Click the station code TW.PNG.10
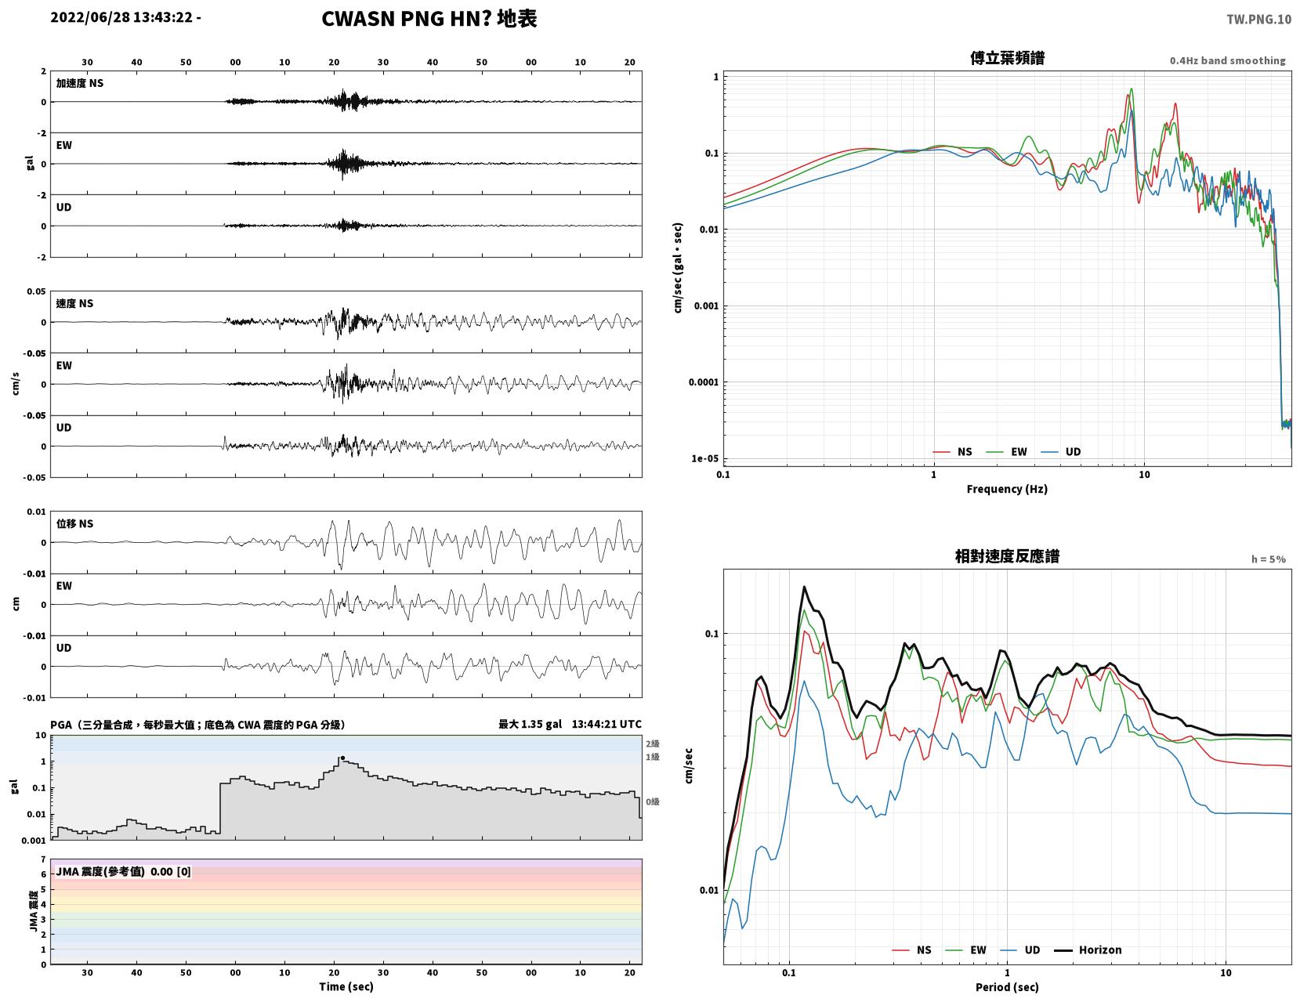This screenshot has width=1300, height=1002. [1258, 19]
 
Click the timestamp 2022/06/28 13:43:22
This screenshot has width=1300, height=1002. [121, 17]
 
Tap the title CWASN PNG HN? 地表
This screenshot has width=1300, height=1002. [429, 19]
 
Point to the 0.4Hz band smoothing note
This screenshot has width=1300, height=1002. [1227, 60]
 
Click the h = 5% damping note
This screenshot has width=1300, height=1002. [1268, 559]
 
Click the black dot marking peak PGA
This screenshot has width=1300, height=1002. [342, 758]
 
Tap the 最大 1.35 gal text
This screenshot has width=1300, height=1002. [530, 724]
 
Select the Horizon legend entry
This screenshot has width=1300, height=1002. [1087, 950]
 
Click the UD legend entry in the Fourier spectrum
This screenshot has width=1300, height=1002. [1061, 451]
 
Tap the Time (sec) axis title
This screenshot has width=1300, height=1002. [346, 986]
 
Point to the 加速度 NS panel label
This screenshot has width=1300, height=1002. [80, 83]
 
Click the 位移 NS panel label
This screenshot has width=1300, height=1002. [74, 523]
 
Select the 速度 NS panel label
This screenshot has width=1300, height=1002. [74, 304]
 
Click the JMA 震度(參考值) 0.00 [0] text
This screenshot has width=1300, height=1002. [123, 872]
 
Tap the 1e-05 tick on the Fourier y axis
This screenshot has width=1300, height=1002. [704, 458]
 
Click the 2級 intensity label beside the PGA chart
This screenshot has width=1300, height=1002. [652, 743]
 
